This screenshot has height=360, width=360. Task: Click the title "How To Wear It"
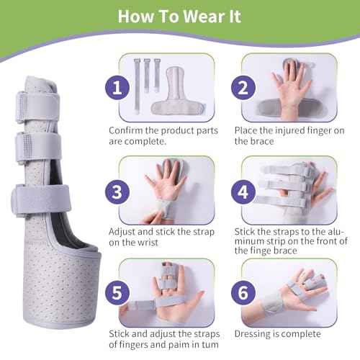tap(179, 17)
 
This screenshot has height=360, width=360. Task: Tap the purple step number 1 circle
tap(115, 89)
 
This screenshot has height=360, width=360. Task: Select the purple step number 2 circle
tap(243, 89)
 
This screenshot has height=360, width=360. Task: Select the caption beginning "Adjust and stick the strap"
tap(161, 238)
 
